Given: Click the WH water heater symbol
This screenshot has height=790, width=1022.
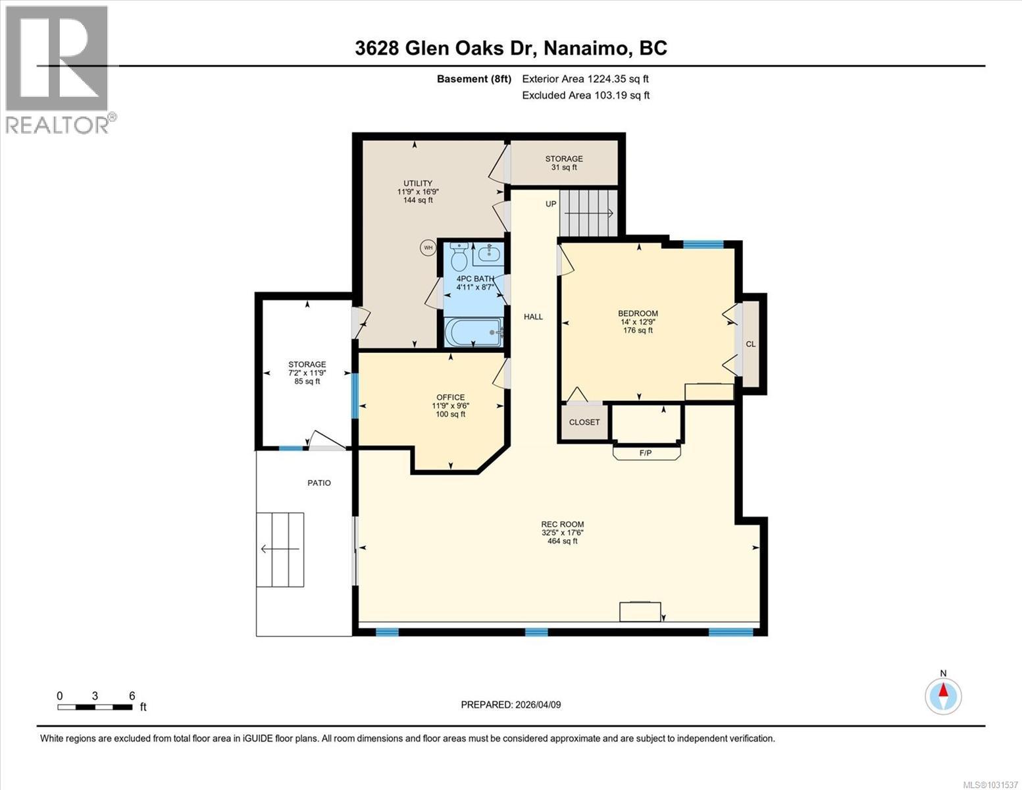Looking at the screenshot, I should pos(428,248).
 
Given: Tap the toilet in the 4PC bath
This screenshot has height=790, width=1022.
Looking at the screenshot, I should pos(459,253).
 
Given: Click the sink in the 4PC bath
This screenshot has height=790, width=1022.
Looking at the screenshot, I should pos(488,252).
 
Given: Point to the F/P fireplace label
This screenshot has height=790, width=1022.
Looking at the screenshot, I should pos(646,453).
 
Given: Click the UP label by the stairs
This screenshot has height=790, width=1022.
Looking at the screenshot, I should pos(551,204).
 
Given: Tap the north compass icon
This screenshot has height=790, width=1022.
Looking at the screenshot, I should pos(943,695).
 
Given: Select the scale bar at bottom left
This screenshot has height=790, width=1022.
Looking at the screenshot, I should pos(95,707).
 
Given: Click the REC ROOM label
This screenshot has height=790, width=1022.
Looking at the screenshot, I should pos(562,524).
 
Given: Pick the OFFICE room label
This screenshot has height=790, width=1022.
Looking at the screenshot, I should pos(450,397).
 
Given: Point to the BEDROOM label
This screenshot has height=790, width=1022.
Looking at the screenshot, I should pos(638,313).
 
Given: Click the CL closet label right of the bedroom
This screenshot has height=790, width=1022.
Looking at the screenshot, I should pos(751,344).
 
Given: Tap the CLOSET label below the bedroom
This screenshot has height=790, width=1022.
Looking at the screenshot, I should pos(584,422).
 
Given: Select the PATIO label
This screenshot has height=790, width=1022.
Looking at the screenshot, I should pos(319,483).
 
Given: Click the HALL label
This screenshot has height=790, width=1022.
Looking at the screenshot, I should pos(533,317).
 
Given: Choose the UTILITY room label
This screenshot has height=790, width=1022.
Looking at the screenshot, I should pos(418,183).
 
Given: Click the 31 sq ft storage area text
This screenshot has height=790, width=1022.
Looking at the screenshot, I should pos(564,167).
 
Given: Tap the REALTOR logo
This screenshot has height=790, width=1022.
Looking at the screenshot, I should pos(57,69).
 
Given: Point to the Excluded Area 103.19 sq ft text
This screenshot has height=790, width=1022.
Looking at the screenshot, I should pos(586,95).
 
